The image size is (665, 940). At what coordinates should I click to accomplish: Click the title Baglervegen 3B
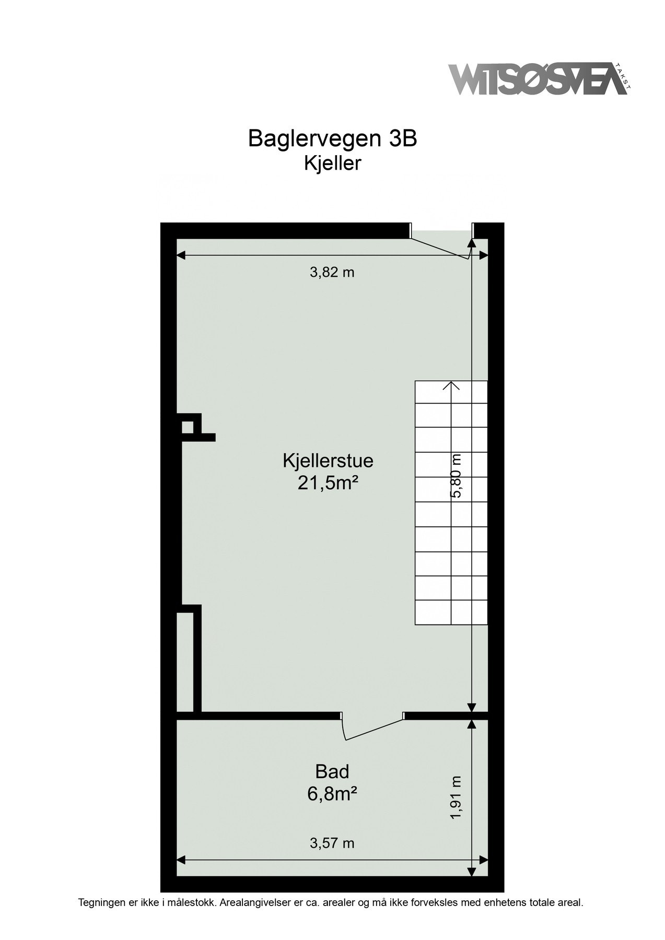point(332,139)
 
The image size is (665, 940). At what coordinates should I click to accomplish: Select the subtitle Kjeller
point(332,163)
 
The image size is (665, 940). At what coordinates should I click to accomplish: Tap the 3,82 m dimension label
point(332,272)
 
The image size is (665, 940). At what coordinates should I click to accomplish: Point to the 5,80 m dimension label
point(456,476)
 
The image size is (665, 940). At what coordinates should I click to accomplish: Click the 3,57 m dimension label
point(332,843)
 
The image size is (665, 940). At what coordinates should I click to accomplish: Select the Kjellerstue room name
point(328,461)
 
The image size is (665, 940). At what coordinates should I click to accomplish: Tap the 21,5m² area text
point(328,484)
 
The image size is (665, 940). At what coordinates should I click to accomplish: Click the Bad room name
point(332,771)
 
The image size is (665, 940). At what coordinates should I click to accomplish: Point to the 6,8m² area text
point(332,794)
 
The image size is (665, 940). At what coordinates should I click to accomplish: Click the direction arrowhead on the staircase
point(451,385)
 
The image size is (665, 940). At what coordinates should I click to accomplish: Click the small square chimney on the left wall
point(187,427)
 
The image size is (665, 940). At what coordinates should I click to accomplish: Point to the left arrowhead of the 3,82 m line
point(181,255)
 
